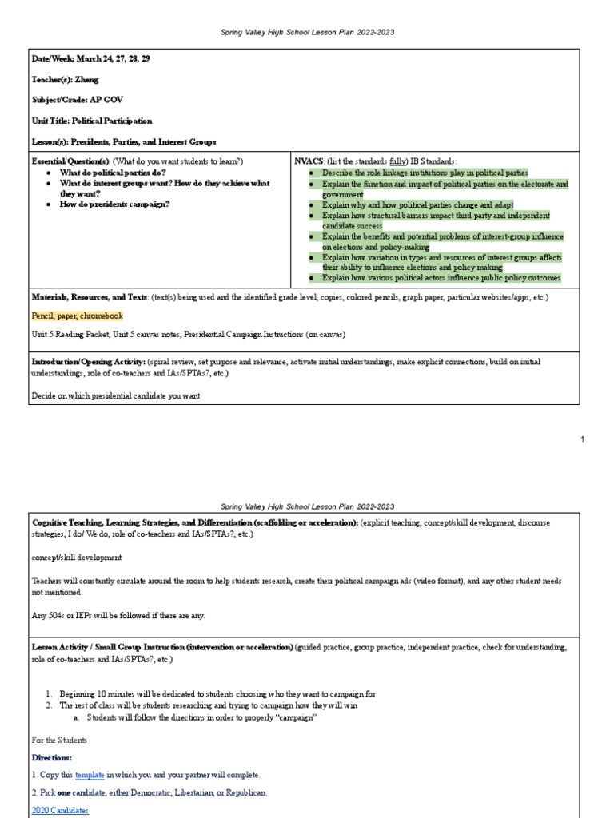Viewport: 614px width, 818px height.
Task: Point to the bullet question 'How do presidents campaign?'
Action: pyautogui.click(x=114, y=204)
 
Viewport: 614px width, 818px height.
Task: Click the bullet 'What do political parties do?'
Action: pyautogui.click(x=113, y=173)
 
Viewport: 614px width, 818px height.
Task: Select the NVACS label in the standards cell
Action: pyautogui.click(x=309, y=161)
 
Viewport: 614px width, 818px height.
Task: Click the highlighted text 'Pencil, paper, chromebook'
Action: pyautogui.click(x=78, y=316)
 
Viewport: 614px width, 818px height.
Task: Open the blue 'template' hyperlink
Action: pyautogui.click(x=90, y=775)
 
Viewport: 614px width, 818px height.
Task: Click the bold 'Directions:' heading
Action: pyautogui.click(x=52, y=757)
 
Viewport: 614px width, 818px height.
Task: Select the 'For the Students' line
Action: pyautogui.click(x=61, y=740)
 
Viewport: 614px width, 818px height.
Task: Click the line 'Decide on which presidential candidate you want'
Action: pyautogui.click(x=116, y=395)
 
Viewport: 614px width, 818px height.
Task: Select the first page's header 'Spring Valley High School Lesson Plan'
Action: pyautogui.click(x=307, y=32)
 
